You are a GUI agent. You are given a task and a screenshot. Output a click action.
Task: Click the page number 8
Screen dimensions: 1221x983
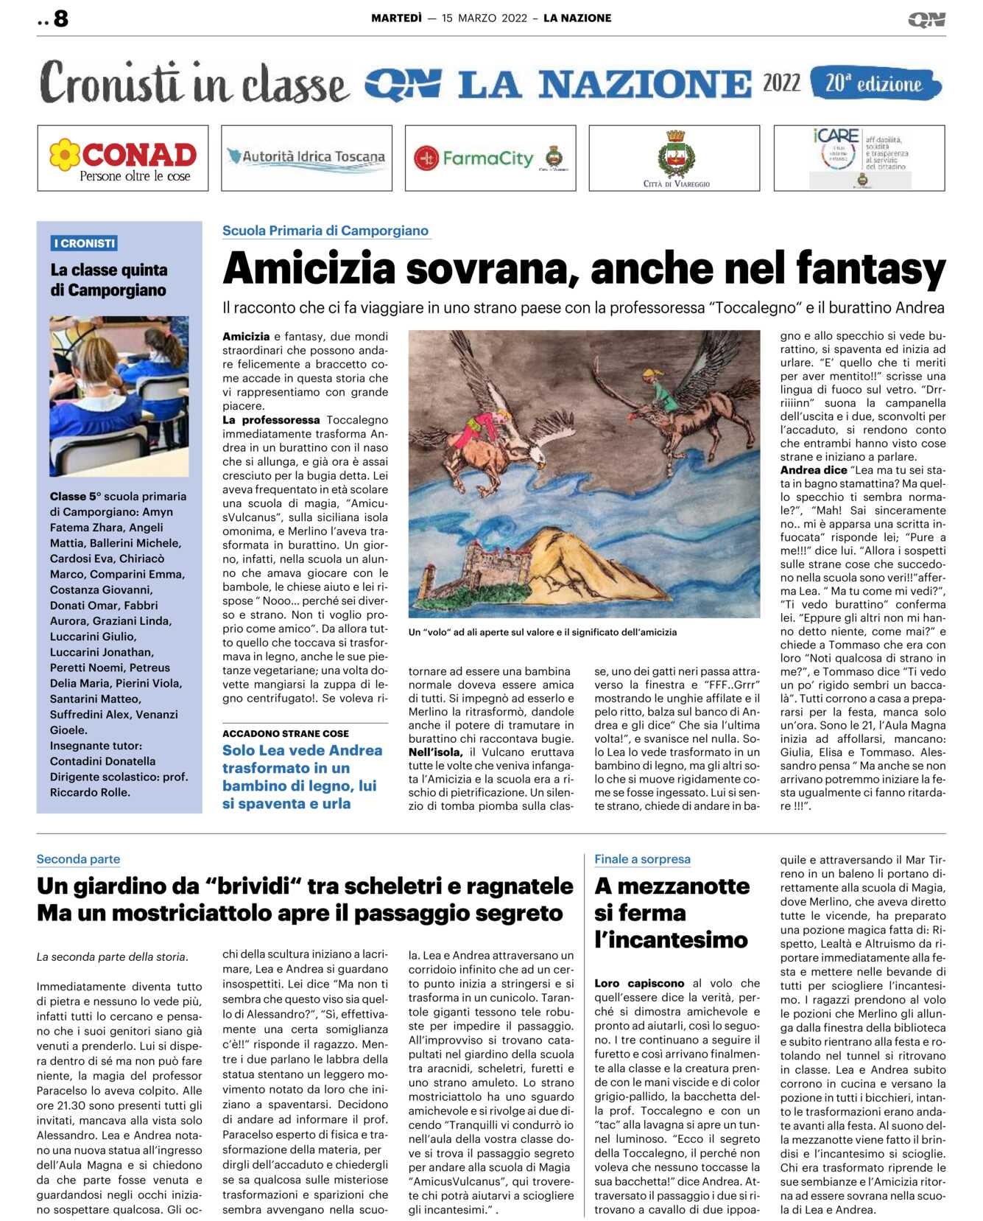[x=61, y=18]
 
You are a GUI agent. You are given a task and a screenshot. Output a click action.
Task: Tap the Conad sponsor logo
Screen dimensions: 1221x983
[x=123, y=158]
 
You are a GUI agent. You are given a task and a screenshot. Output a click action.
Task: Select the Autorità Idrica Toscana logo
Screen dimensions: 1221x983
[x=306, y=157]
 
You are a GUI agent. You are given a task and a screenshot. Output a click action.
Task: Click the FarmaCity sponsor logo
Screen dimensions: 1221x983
[x=489, y=158]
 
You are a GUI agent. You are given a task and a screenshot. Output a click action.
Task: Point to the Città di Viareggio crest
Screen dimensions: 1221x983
[x=674, y=155]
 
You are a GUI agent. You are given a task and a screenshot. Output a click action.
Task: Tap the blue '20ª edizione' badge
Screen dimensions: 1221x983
[x=875, y=83]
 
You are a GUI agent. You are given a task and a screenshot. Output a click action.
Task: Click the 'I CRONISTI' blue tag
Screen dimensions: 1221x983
[x=85, y=243]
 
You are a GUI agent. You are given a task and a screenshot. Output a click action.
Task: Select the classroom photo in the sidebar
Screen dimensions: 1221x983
[x=119, y=396]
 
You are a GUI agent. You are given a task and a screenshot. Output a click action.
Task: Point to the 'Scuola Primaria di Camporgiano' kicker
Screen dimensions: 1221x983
[x=325, y=231]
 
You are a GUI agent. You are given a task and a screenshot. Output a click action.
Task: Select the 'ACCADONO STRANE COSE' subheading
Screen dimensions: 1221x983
[x=286, y=733]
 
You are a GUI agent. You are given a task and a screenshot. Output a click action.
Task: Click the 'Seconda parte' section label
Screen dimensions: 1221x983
[x=78, y=859]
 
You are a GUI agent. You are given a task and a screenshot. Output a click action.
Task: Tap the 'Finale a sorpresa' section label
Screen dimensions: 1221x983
[x=642, y=859]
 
